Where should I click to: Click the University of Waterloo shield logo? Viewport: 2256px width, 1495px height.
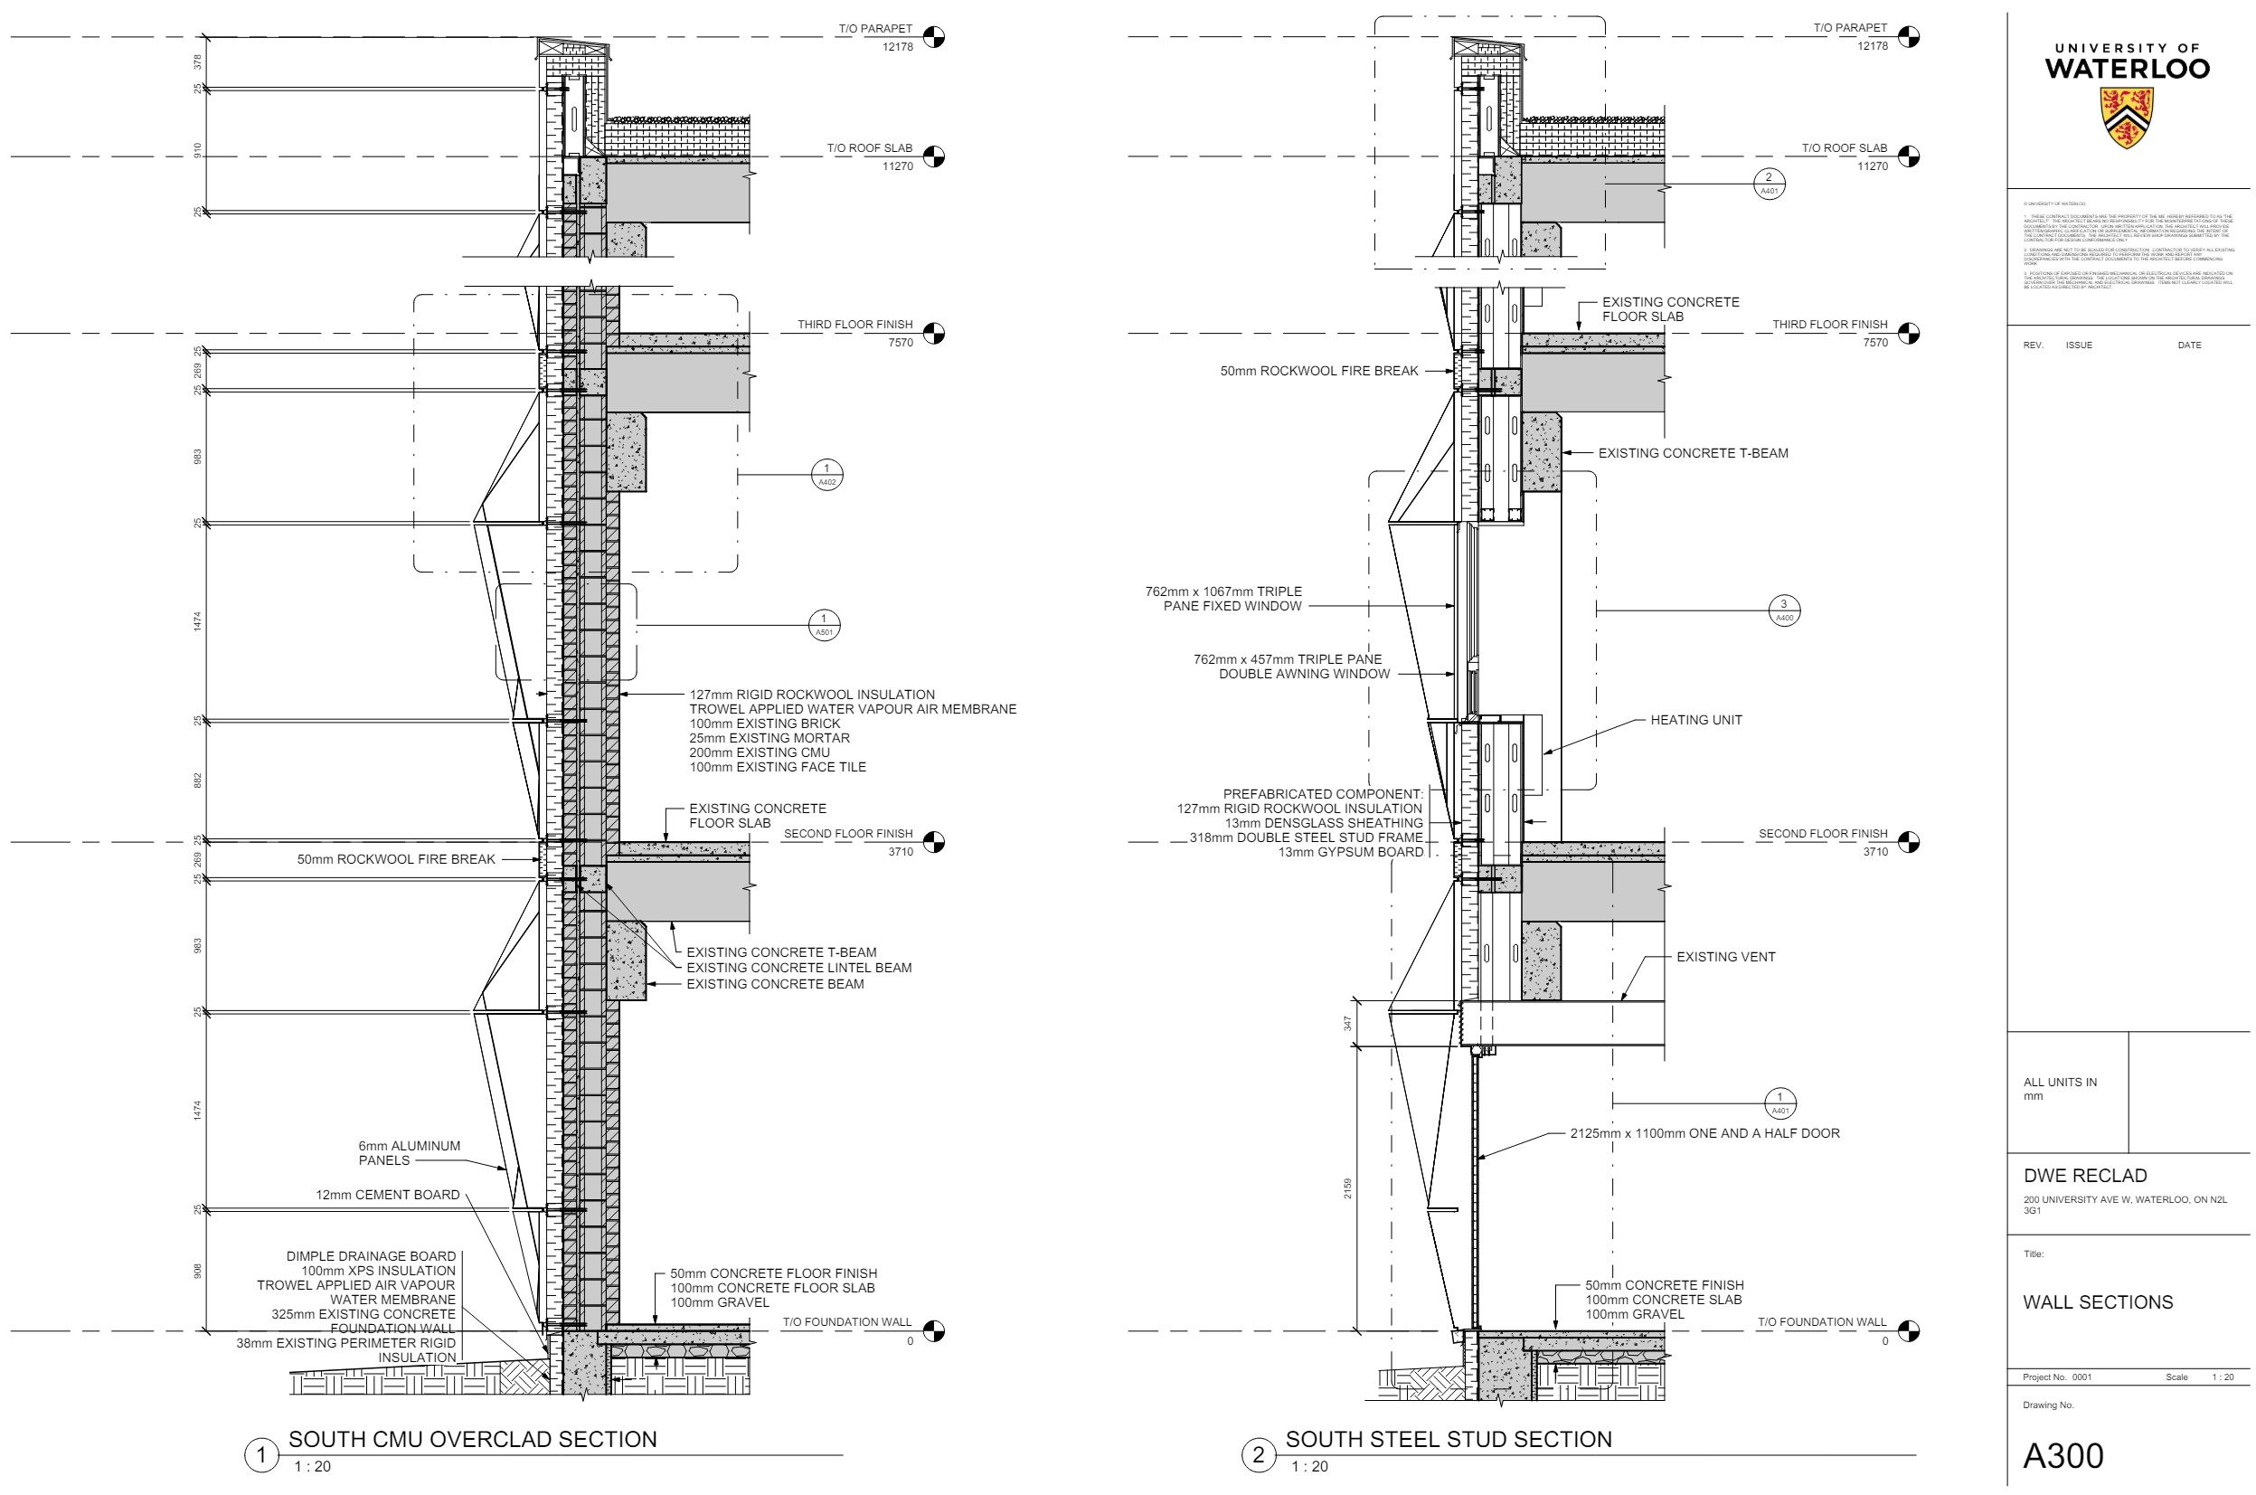[x=2127, y=118]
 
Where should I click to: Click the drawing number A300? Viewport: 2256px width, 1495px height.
[x=2063, y=1455]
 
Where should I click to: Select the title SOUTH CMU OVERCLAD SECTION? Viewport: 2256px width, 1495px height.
[x=472, y=1440]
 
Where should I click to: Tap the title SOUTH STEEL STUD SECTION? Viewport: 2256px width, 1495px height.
[x=1449, y=1440]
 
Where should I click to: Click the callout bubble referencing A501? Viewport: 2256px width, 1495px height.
[x=825, y=626]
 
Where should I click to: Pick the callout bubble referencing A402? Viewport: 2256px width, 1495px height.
[x=826, y=474]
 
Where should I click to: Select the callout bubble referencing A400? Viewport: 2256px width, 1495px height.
[x=1784, y=610]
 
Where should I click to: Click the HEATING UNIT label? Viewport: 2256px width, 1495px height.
[x=1695, y=721]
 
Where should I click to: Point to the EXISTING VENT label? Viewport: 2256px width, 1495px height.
[x=1726, y=957]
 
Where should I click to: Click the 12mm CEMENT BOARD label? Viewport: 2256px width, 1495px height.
[x=388, y=1196]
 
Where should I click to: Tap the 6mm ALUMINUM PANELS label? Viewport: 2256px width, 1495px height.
[x=409, y=1154]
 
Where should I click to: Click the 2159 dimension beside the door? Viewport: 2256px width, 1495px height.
[x=1347, y=1189]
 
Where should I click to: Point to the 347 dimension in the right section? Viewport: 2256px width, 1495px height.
[x=1347, y=1024]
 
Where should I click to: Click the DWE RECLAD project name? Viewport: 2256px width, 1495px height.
[x=2084, y=1176]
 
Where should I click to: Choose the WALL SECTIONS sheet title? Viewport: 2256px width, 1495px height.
[x=2098, y=1303]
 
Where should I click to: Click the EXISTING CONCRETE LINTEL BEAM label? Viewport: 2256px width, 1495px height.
[x=798, y=969]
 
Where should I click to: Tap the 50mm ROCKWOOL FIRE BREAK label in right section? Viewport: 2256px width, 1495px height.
[x=1319, y=372]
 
